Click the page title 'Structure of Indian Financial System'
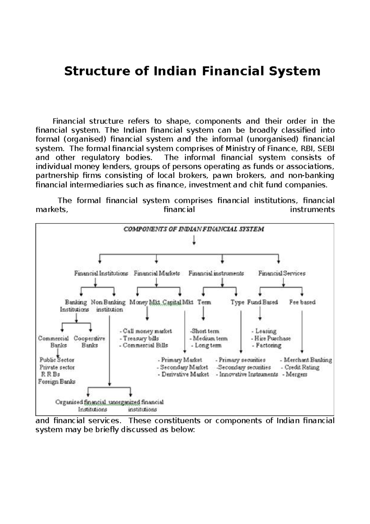192,71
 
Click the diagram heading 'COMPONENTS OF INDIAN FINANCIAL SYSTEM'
194,229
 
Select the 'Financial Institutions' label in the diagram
101,273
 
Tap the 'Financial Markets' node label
157,273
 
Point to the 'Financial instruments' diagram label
216,273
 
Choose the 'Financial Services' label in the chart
282,273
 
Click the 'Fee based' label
302,302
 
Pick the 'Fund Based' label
262,302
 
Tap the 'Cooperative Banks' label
89,342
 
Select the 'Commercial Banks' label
54,342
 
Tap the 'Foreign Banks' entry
57,382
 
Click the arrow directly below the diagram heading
194,240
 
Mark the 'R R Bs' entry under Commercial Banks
50,375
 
